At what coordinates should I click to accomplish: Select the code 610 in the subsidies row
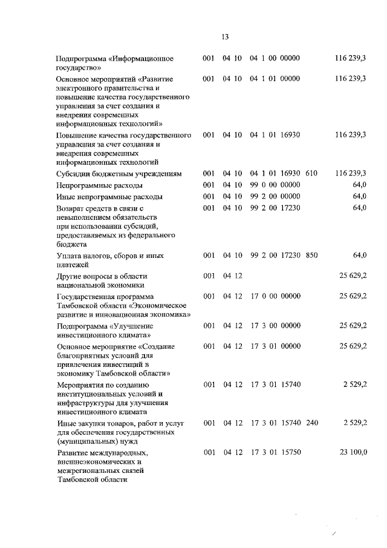click(x=311, y=173)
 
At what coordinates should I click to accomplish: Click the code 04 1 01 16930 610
click(x=284, y=173)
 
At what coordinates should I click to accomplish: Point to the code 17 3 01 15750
click(x=276, y=452)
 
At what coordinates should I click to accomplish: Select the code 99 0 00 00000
click(x=276, y=185)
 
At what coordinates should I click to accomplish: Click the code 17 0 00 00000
click(x=276, y=296)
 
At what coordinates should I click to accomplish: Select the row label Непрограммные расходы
click(x=99, y=185)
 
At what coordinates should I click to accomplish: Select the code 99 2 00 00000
click(x=276, y=197)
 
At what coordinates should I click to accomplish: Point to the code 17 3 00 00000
click(x=276, y=326)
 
